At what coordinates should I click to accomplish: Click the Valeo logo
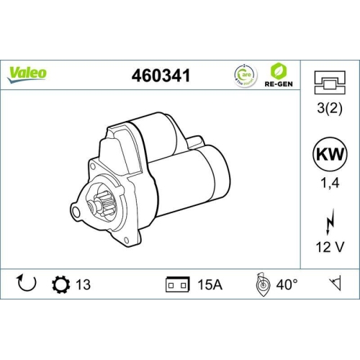pos(27,72)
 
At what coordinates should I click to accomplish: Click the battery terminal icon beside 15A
pos(176,284)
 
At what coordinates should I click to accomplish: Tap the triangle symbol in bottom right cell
pos(334,284)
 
